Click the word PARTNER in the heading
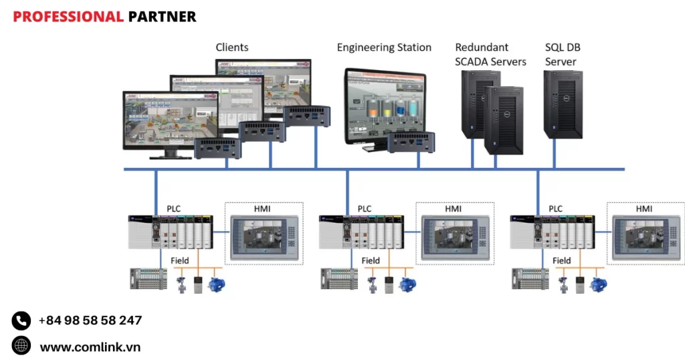click(x=162, y=17)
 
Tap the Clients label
click(x=232, y=48)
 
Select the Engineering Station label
click(x=384, y=48)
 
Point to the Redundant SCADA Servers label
click(x=490, y=55)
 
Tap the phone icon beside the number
click(x=21, y=321)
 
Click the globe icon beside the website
click(x=21, y=346)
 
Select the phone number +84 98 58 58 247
click(x=90, y=321)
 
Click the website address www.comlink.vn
click(x=90, y=347)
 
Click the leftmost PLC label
click(x=173, y=209)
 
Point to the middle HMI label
click(x=454, y=209)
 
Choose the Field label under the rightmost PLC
click(x=562, y=260)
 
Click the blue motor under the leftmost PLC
click(x=217, y=283)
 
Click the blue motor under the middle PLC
click(x=407, y=283)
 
